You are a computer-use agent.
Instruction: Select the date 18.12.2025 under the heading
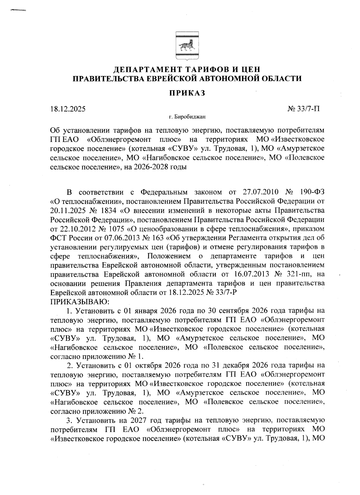pos(68,109)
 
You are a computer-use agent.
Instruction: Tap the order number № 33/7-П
pos(304,109)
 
